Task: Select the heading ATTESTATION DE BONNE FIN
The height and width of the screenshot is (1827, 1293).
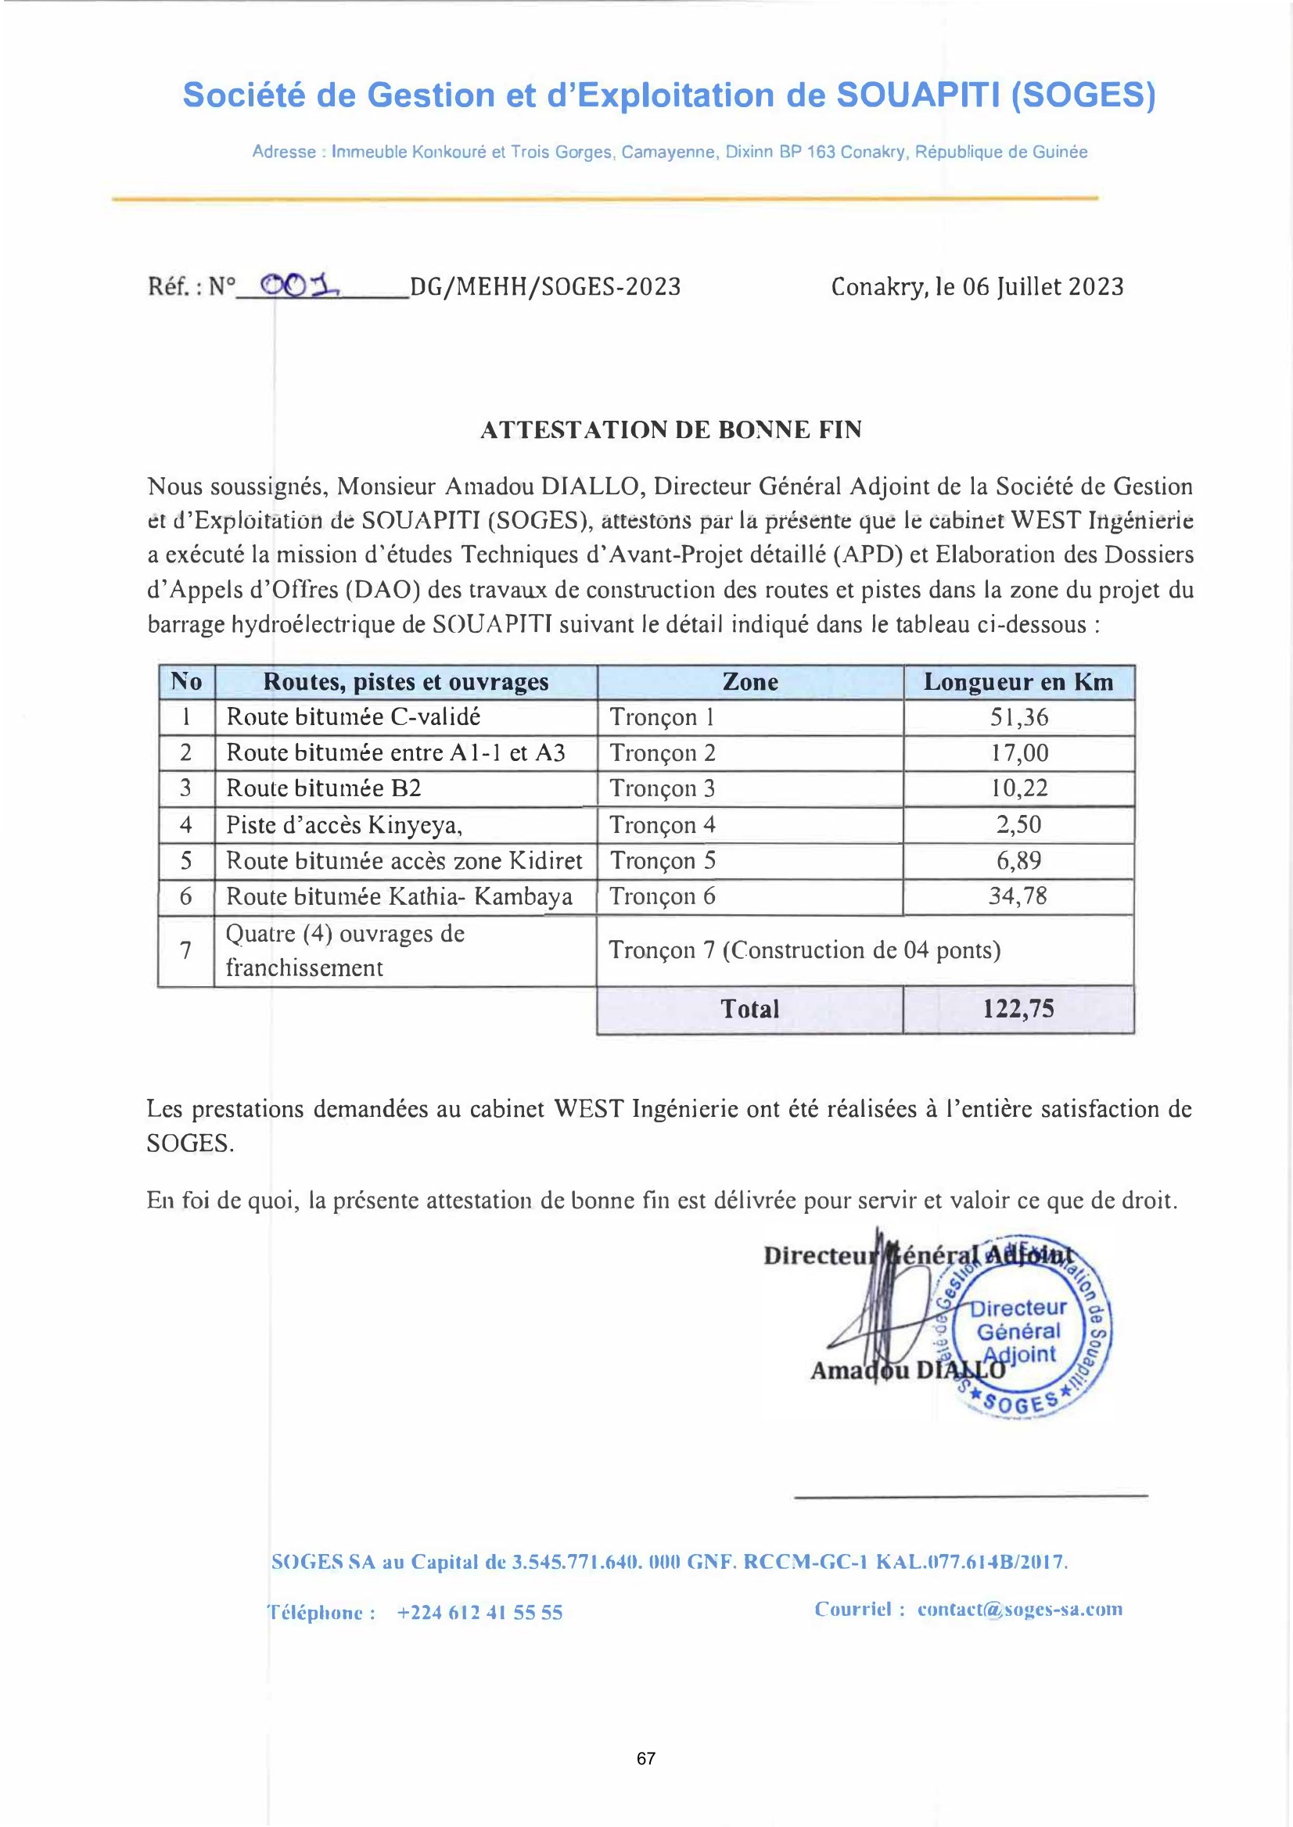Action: pyautogui.click(x=670, y=430)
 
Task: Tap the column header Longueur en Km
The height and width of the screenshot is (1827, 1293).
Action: pyautogui.click(x=1018, y=682)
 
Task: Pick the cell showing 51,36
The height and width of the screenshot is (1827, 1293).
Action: pyautogui.click(x=1018, y=717)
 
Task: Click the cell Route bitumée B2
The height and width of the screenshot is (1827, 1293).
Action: pyautogui.click(x=323, y=788)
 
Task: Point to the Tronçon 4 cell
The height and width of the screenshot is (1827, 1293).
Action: pyautogui.click(x=663, y=825)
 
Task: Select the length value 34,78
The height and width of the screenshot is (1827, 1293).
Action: pyautogui.click(x=1018, y=896)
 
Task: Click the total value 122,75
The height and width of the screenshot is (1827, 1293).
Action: pyautogui.click(x=1018, y=1010)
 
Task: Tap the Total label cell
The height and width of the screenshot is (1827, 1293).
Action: pyautogui.click(x=749, y=1010)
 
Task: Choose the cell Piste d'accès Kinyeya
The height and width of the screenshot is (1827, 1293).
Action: pyautogui.click(x=344, y=825)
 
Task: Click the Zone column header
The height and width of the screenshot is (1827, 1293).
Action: pyautogui.click(x=750, y=682)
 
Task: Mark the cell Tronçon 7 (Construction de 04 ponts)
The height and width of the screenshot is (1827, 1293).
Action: pyautogui.click(x=804, y=950)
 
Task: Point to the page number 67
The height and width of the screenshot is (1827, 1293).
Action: pyautogui.click(x=645, y=1758)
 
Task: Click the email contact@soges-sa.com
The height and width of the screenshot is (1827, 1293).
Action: pyautogui.click(x=1020, y=1609)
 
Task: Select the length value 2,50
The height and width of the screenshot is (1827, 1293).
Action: pyautogui.click(x=1018, y=825)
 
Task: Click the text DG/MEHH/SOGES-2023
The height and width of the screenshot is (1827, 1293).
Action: pyautogui.click(x=544, y=287)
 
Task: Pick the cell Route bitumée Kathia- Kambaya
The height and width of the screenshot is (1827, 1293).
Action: pyautogui.click(x=399, y=897)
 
